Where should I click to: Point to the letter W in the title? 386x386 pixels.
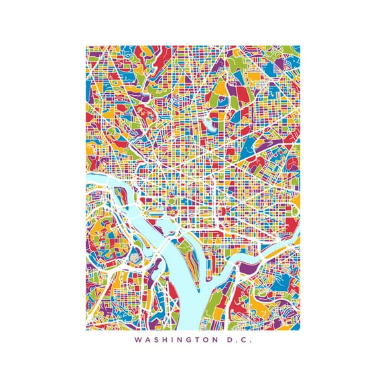137,340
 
